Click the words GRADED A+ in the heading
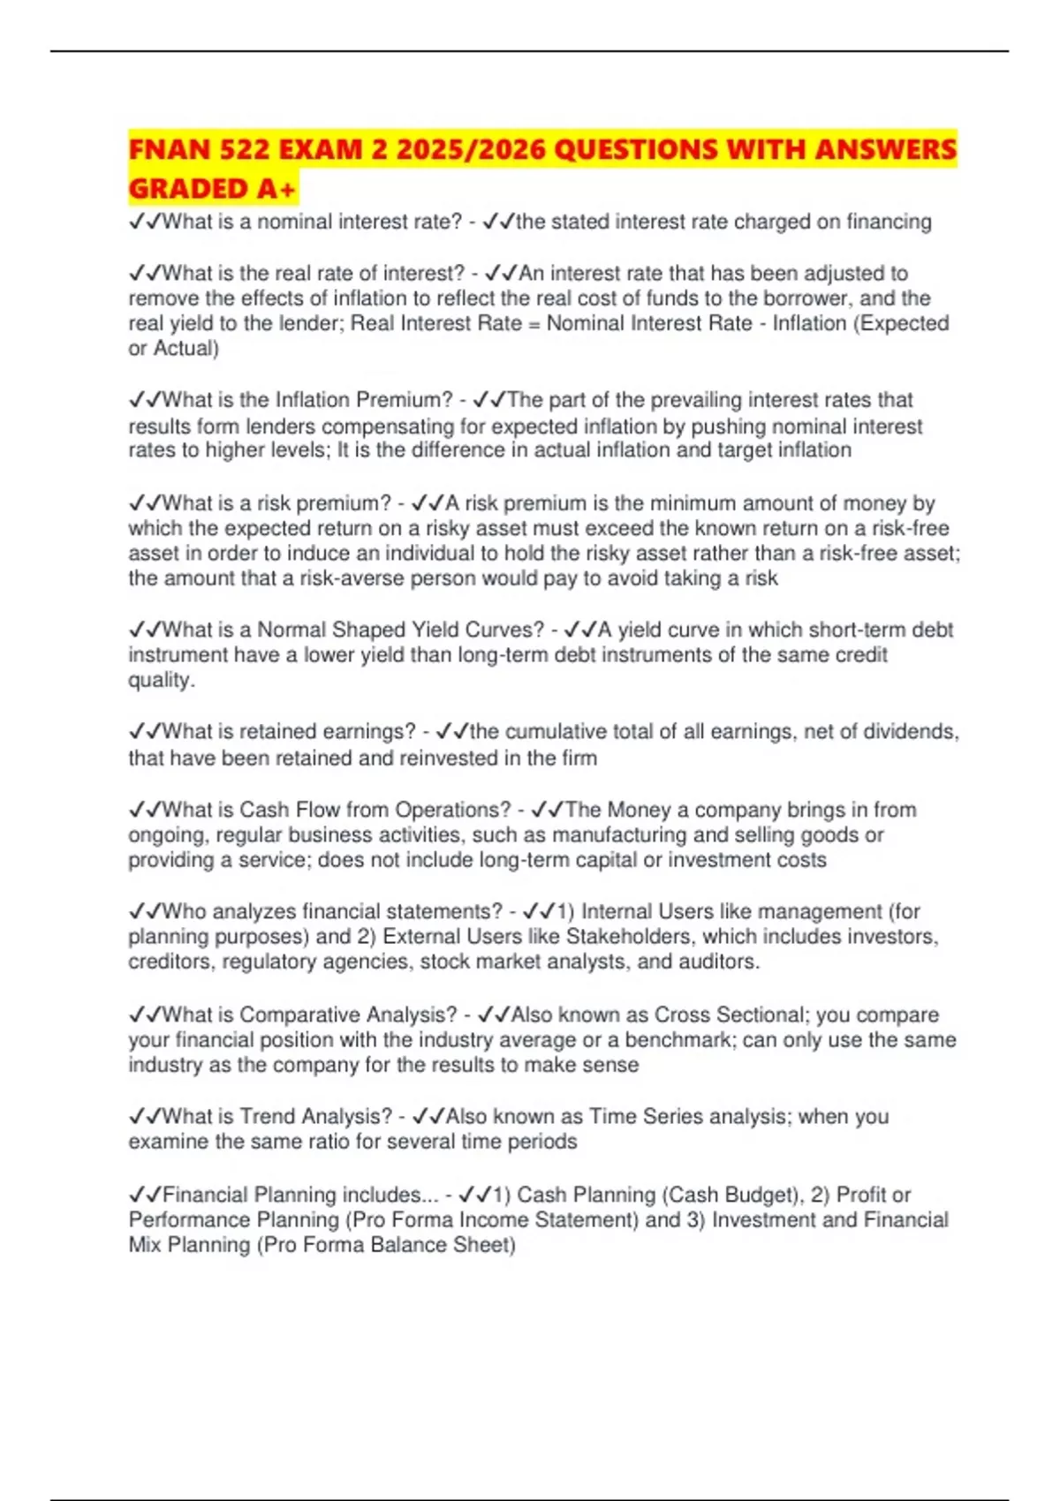click(212, 189)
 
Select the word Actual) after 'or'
click(186, 349)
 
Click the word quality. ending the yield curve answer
click(162, 680)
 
